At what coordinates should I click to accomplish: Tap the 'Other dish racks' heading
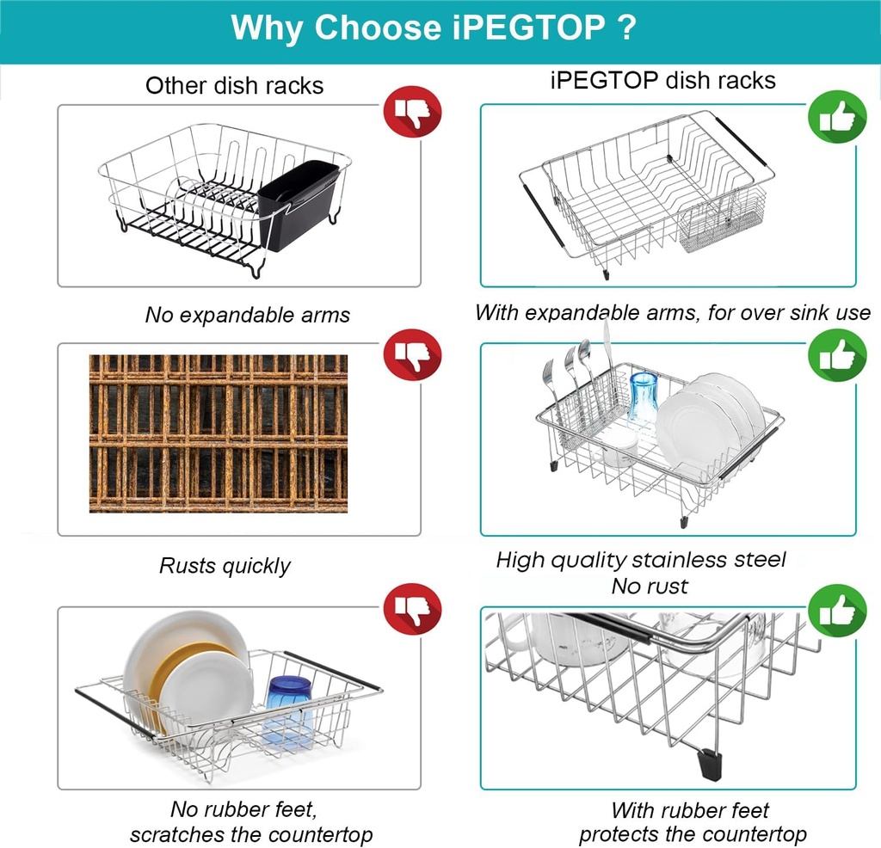coord(234,85)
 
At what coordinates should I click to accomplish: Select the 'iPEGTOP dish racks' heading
coord(662,81)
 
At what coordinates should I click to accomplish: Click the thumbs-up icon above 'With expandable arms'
coord(837,118)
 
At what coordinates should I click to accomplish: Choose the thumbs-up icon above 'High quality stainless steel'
coord(837,354)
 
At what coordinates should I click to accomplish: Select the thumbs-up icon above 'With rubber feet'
coord(837,611)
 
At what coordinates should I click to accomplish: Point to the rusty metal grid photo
coord(219,433)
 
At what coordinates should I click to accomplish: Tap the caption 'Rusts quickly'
coord(225,565)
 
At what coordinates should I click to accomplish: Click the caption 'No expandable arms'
coord(248,315)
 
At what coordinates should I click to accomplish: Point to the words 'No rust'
coord(650,586)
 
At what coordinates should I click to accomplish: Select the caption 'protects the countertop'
coord(693,833)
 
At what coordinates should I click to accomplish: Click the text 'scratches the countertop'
coord(251,834)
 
